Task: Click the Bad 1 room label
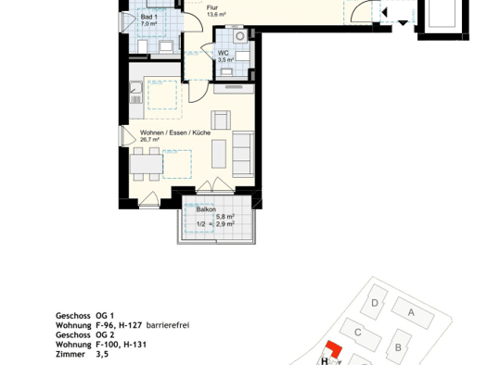click(x=148, y=17)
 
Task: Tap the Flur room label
click(x=212, y=7)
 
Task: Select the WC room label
click(x=223, y=53)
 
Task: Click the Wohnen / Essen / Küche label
click(x=175, y=132)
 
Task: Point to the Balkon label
click(x=206, y=209)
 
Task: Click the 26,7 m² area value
click(x=149, y=140)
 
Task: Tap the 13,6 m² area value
click(x=216, y=14)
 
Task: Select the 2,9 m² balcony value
click(x=225, y=223)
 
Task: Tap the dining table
click(x=146, y=164)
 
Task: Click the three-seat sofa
click(x=243, y=154)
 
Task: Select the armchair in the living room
click(x=221, y=120)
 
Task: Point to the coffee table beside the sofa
click(x=219, y=154)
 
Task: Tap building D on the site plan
click(x=375, y=302)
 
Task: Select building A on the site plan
click(x=413, y=312)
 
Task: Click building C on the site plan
click(x=360, y=334)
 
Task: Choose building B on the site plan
click(x=399, y=346)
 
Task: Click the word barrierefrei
click(x=168, y=325)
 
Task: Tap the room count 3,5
click(x=102, y=354)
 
